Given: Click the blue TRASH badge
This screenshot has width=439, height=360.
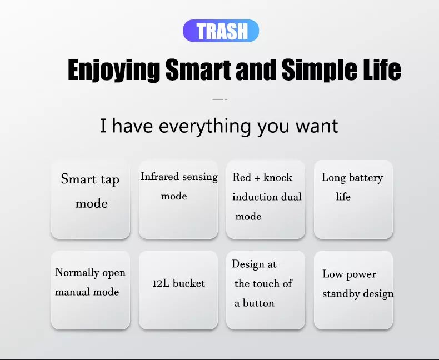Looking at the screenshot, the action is (221, 31).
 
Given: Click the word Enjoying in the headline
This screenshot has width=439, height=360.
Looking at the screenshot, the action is (114, 70).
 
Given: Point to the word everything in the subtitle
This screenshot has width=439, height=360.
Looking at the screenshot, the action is (204, 126).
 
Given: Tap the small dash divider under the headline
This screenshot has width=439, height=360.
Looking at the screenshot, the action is (220, 99).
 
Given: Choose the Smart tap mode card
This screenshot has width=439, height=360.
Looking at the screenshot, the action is (91, 199).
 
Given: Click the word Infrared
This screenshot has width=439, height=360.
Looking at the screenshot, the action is (160, 177).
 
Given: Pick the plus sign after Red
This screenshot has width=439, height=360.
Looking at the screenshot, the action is (257, 178).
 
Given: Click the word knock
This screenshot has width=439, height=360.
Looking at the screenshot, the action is (278, 177).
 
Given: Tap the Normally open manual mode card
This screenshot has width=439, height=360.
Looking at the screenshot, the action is (91, 290).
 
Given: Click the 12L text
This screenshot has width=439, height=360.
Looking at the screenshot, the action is (161, 283).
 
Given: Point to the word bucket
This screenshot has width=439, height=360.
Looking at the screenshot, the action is (189, 283).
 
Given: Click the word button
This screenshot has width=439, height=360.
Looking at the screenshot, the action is (258, 303).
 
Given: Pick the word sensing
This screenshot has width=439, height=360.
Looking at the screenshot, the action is (200, 177).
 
